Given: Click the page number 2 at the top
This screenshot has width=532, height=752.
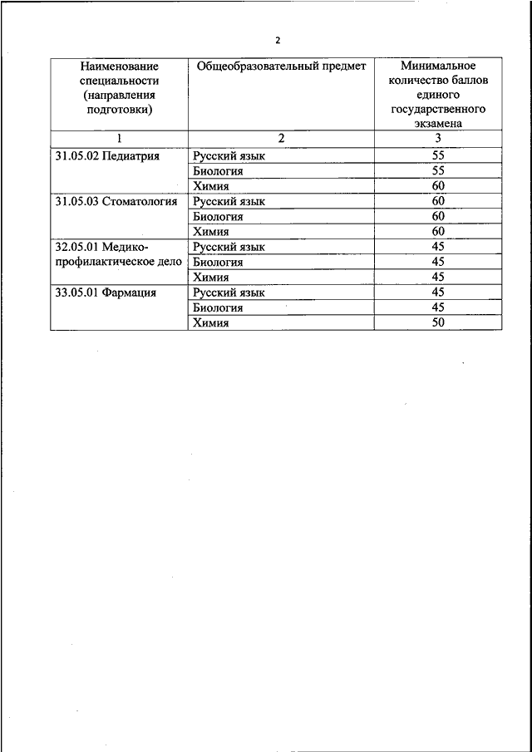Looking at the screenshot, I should tap(278, 39).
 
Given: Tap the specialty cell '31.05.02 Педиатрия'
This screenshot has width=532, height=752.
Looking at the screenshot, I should tap(106, 155).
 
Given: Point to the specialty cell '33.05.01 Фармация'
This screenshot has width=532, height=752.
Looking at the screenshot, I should tap(106, 292).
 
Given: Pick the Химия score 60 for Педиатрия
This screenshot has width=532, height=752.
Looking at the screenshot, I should tap(438, 186).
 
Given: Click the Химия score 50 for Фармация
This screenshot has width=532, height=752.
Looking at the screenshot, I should tap(438, 322).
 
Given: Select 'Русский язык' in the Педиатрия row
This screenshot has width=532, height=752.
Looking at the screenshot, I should tap(229, 156).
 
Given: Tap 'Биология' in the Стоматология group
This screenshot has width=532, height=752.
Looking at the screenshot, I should tap(218, 217).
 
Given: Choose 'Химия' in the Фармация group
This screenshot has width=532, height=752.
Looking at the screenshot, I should tap(211, 323).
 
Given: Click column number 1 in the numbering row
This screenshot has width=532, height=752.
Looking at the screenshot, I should tap(119, 139).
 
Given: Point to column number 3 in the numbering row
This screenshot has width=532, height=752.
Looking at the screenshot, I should tap(438, 139).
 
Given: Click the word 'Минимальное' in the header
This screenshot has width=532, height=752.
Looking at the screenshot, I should tap(438, 65).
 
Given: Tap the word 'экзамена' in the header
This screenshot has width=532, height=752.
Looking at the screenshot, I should tap(438, 123).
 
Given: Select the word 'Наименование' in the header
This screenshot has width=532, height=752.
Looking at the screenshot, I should tap(119, 65).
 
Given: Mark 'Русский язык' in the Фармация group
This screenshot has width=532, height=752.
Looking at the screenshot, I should tap(229, 292).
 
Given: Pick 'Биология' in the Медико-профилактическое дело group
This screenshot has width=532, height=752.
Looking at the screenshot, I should tap(218, 263).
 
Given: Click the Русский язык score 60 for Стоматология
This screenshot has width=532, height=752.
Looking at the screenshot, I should tap(438, 201).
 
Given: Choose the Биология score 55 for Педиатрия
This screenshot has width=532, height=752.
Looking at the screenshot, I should tap(438, 171).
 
